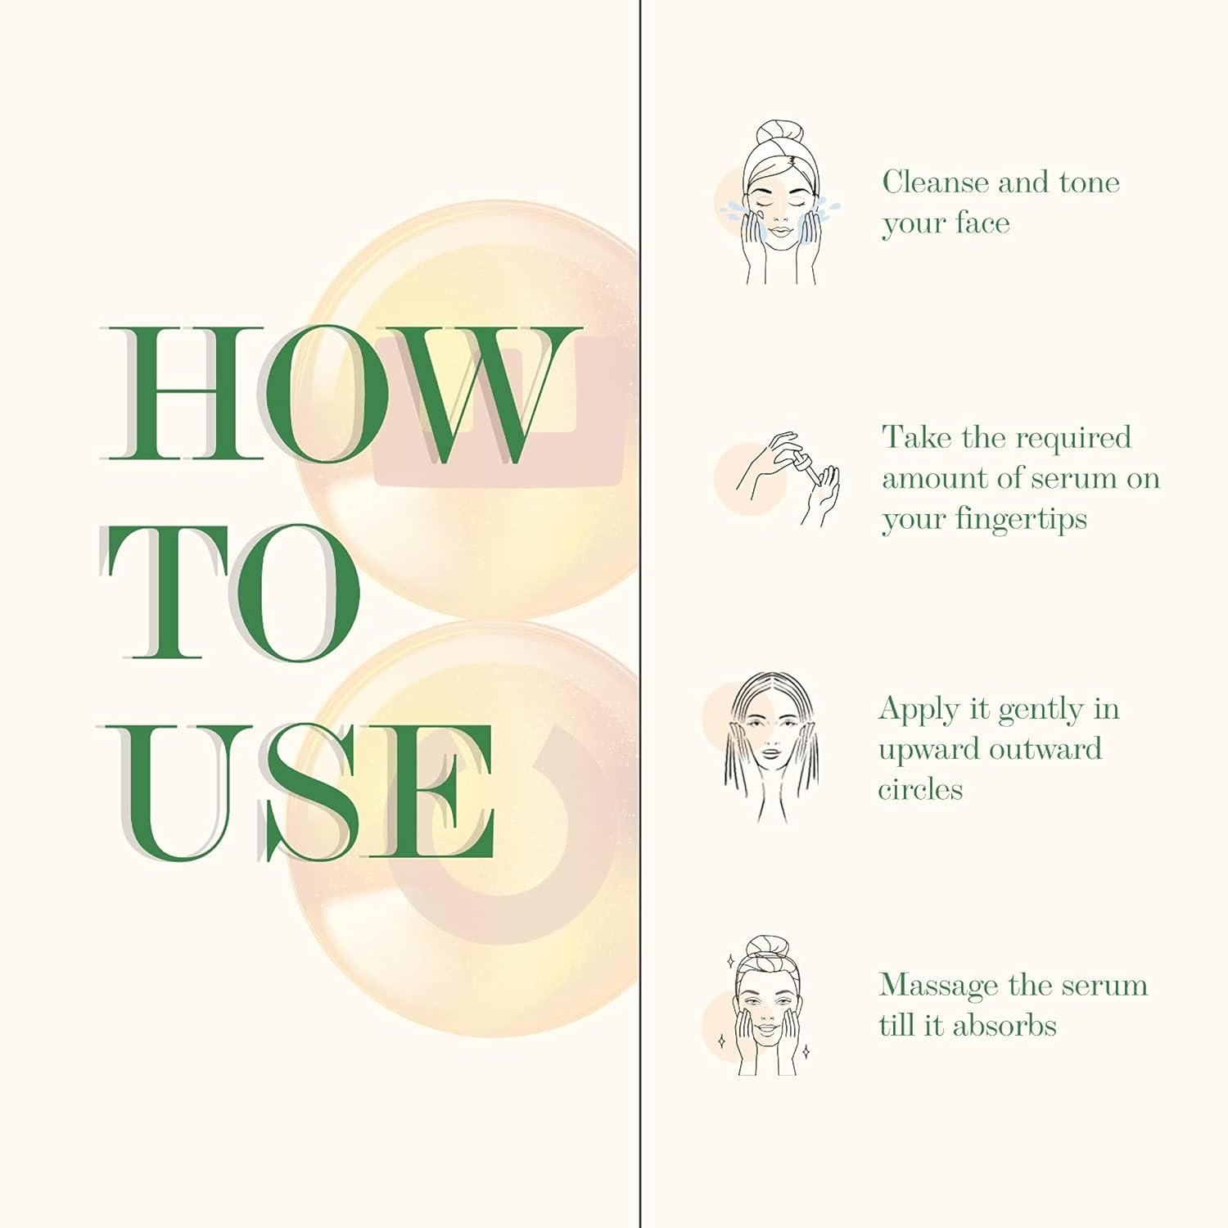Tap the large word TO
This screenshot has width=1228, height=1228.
[231, 593]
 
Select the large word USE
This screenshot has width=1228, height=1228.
[300, 792]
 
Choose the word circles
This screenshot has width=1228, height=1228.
[920, 789]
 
